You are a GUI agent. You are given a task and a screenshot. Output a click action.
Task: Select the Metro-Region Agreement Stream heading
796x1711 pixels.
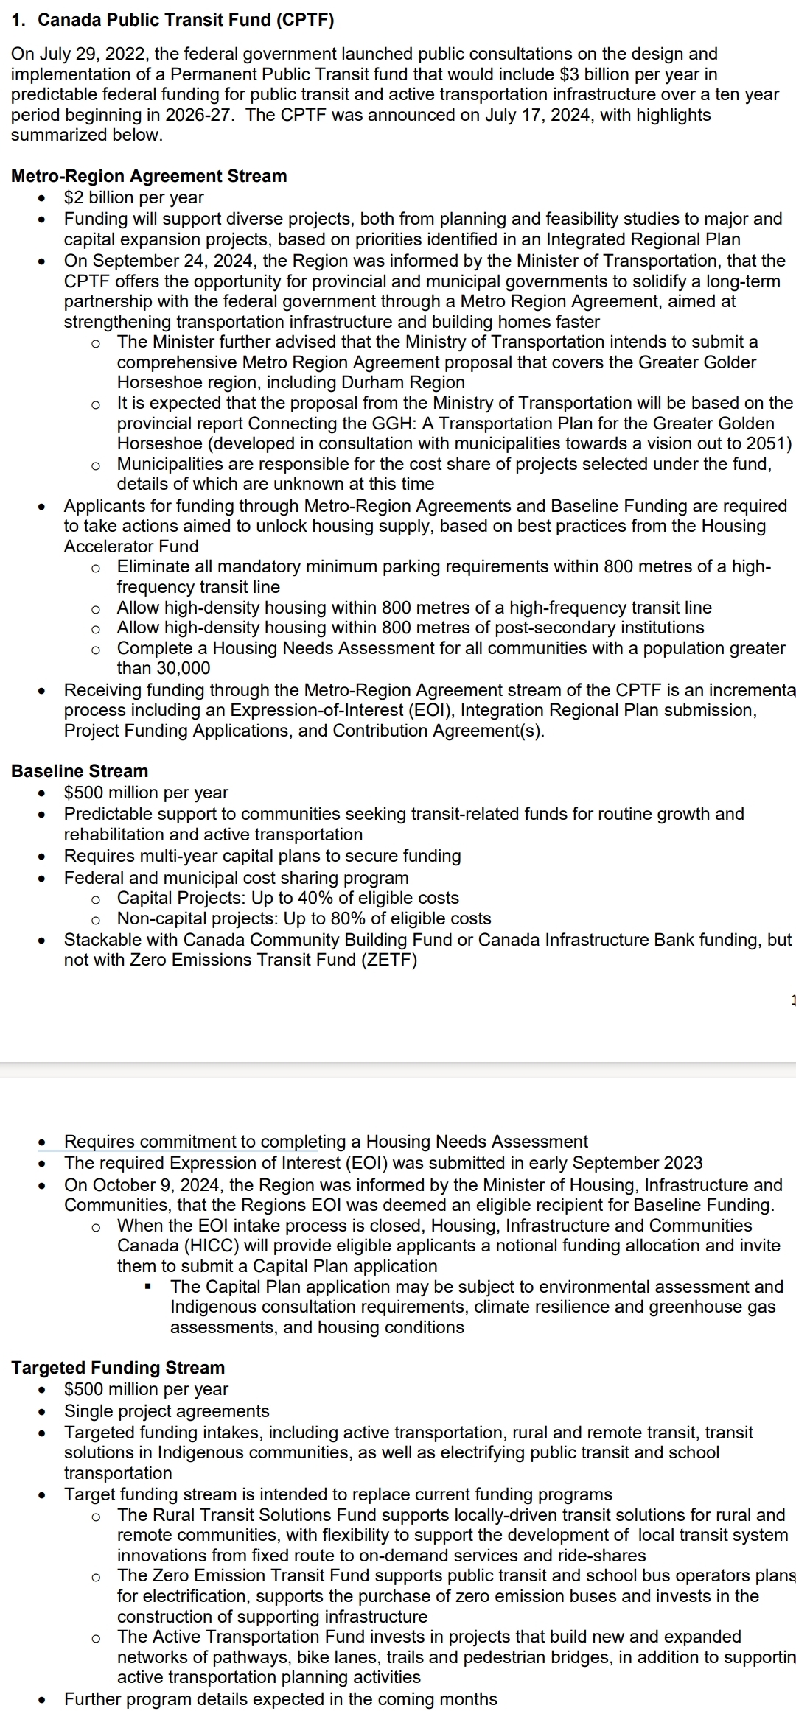(149, 176)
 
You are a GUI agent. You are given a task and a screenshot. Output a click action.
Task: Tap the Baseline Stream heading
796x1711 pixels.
(80, 771)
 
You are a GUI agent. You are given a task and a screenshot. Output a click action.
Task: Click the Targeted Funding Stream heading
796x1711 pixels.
(118, 1368)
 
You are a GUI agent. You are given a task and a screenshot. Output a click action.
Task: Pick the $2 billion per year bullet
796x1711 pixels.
(134, 197)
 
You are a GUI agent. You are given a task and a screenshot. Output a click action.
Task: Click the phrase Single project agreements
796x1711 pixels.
(167, 1411)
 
